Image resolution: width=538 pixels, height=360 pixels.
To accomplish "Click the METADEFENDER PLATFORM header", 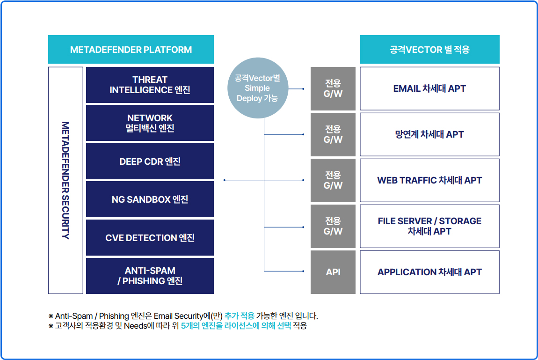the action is (x=131, y=50).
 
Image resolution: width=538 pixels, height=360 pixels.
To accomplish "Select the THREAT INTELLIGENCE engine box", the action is (x=150, y=85).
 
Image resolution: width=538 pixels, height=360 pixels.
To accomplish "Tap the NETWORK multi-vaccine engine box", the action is (x=150, y=123).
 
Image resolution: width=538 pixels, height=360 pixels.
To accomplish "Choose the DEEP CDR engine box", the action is (x=150, y=162).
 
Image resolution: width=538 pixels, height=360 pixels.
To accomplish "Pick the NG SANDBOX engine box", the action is (x=150, y=199).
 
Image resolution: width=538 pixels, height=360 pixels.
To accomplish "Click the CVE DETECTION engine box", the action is (x=150, y=237).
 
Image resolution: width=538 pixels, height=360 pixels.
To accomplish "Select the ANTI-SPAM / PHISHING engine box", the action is (x=150, y=276).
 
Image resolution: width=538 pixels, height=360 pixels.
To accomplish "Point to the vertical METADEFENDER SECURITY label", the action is (x=65, y=180).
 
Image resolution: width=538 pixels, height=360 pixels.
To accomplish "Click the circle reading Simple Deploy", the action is (x=258, y=88).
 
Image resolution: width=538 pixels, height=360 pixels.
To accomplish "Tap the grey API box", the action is (x=333, y=272).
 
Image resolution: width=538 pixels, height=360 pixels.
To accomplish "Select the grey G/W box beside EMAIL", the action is (x=333, y=88).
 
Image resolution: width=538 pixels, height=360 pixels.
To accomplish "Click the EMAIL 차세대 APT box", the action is (x=429, y=88).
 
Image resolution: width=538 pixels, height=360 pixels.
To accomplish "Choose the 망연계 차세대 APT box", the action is (x=429, y=134).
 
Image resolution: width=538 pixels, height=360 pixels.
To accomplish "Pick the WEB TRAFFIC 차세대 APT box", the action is (x=429, y=180).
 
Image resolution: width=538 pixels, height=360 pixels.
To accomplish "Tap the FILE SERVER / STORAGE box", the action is (x=429, y=226).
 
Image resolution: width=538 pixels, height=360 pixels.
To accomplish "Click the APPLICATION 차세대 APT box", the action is (x=429, y=272).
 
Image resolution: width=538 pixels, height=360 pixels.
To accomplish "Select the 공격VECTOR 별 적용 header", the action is (x=429, y=50).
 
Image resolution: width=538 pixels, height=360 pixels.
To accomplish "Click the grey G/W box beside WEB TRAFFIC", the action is (x=333, y=180).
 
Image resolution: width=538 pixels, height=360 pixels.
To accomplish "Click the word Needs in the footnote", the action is (x=135, y=326).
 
